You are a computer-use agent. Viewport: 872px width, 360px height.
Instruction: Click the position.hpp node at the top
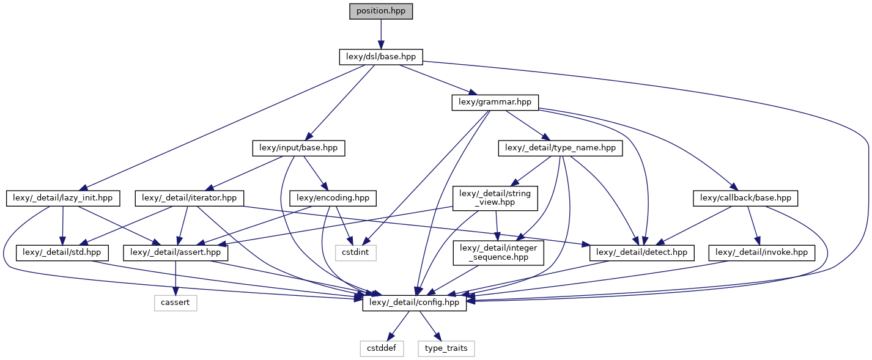coord(381,11)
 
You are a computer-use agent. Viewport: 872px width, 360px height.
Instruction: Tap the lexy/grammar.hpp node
coord(495,102)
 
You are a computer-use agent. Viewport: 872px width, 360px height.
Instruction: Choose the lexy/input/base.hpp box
coord(298,147)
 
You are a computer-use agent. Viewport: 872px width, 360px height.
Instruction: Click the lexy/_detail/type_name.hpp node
coord(561,147)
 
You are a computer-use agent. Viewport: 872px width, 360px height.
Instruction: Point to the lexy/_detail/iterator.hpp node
coord(190,198)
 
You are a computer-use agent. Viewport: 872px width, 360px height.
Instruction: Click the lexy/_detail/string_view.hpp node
coord(495,199)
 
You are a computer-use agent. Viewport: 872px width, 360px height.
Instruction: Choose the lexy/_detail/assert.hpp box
coord(177,252)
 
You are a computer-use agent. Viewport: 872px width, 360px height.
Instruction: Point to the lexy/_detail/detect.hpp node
coord(642,252)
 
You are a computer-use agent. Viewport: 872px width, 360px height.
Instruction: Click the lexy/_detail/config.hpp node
coord(415,303)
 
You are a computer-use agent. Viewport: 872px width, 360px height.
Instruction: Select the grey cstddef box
coord(382,348)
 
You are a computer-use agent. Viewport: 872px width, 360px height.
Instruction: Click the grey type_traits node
coord(446,348)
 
